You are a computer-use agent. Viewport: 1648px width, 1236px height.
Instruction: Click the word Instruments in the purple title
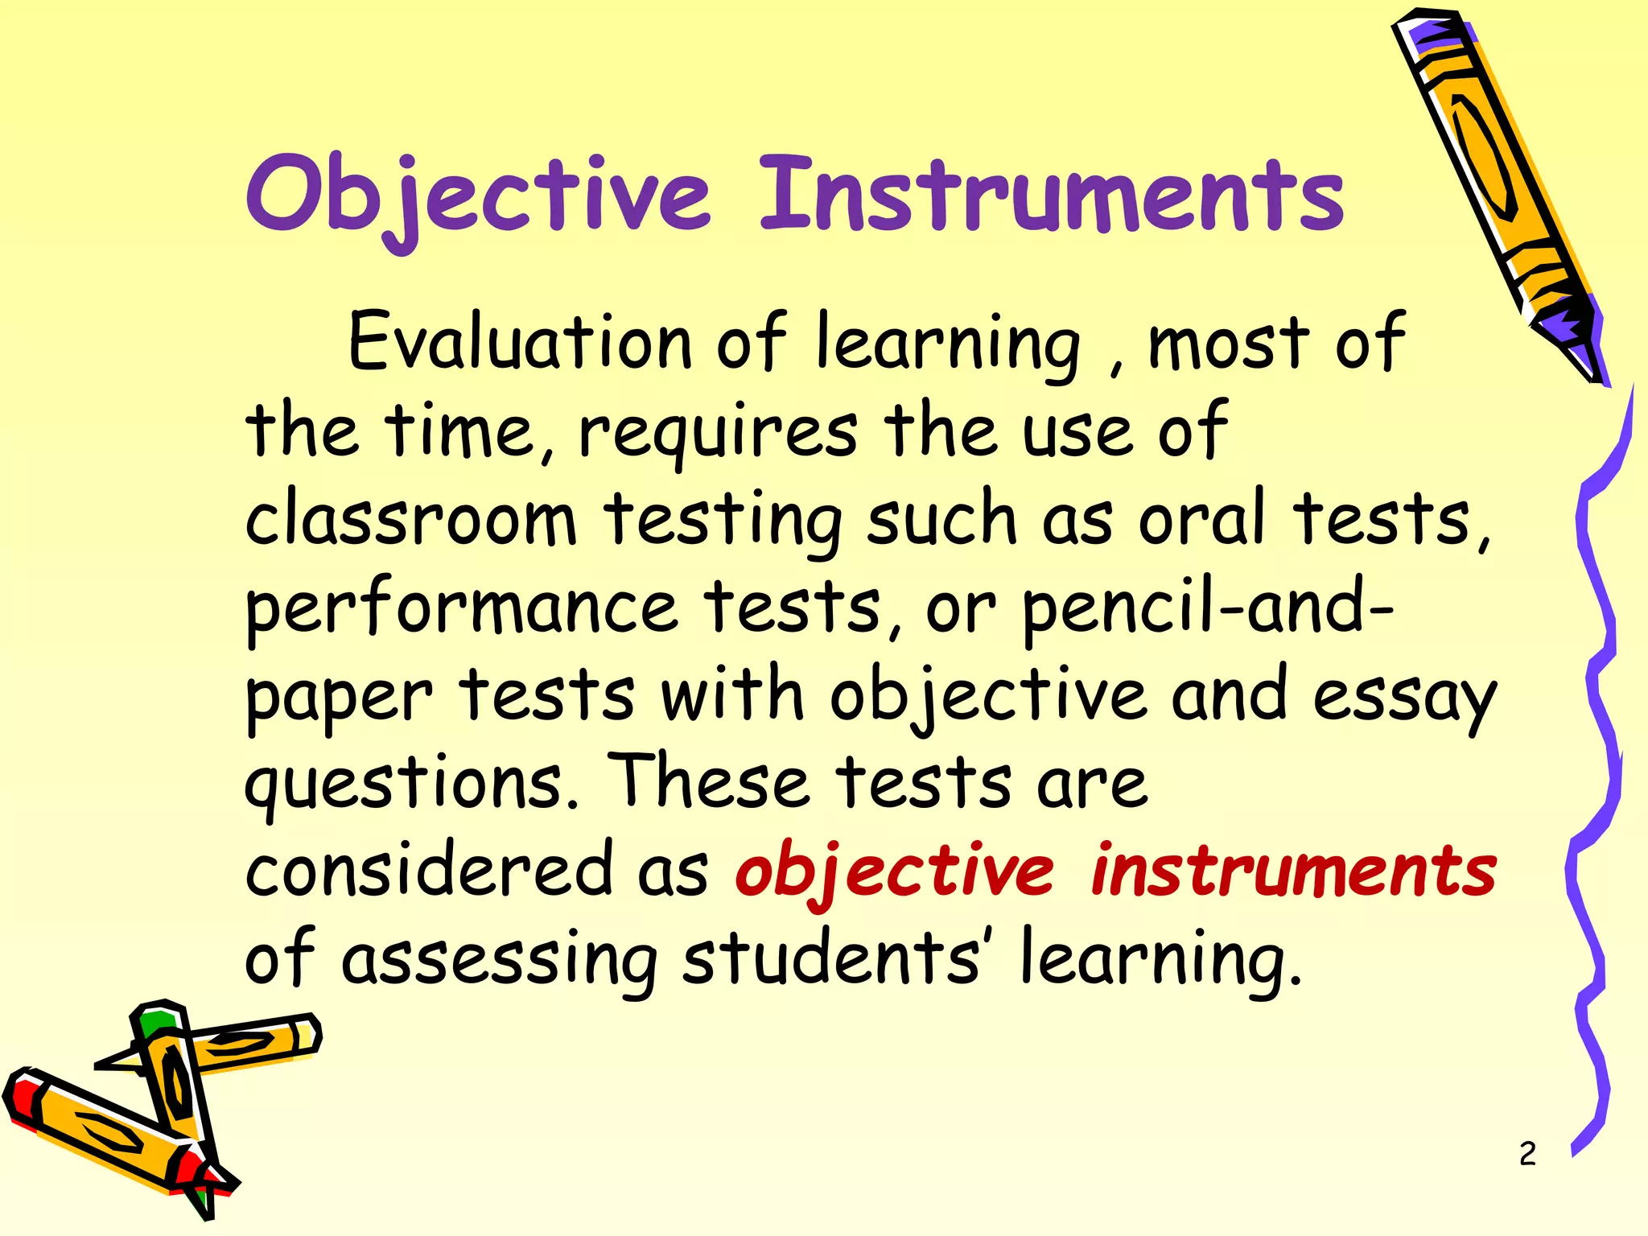click(x=1051, y=196)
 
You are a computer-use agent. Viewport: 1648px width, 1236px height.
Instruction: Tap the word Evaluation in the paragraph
click(x=520, y=343)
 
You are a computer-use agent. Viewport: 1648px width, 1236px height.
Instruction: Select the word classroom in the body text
click(x=410, y=520)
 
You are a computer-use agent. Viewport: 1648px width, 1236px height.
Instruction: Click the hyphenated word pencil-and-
click(x=1208, y=608)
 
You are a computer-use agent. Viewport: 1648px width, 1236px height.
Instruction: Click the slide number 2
click(x=1527, y=1154)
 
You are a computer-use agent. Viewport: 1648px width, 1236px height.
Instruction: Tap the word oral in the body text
click(x=1202, y=519)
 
